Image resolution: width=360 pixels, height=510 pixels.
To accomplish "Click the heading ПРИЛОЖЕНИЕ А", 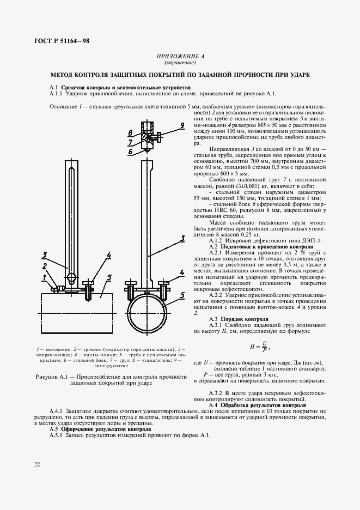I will pyautogui.click(x=180, y=56).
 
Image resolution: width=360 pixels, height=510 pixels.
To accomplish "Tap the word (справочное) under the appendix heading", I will pyautogui.click(x=180, y=62).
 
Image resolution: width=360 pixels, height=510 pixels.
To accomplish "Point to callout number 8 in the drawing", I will pyautogui.click(x=130, y=133).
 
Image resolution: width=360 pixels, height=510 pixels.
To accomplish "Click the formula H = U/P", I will pyautogui.click(x=259, y=345).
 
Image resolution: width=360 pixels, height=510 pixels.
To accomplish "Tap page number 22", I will pyautogui.click(x=37, y=464).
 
